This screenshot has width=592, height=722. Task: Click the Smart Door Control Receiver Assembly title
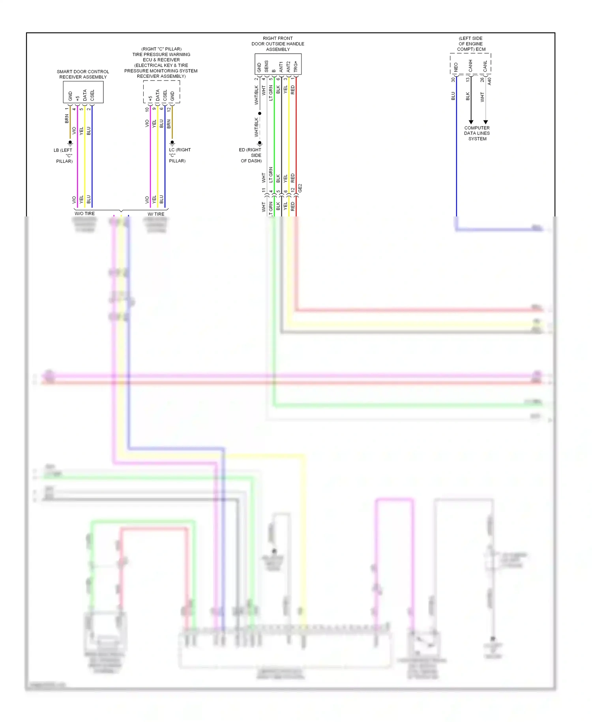83,74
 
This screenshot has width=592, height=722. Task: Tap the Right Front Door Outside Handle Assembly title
278,44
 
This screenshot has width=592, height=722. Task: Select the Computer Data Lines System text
477,133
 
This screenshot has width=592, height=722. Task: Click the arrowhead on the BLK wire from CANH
471,122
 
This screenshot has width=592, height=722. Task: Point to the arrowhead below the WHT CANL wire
485,122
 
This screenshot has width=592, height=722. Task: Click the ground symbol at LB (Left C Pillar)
70,143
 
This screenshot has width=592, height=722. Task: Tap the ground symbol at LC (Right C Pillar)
172,143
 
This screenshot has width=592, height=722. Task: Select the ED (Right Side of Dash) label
251,155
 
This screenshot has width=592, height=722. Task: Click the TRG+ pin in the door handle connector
296,66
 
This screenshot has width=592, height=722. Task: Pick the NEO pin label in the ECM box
456,67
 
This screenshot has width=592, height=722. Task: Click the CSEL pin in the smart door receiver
92,95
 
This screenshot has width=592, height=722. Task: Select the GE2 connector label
300,188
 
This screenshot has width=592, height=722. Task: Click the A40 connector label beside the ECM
489,81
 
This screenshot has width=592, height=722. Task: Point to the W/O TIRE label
84,214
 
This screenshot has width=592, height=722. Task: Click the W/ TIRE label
156,214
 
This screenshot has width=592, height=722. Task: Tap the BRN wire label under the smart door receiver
67,118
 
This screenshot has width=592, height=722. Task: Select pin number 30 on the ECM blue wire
453,79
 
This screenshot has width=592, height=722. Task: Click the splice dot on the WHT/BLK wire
260,113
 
